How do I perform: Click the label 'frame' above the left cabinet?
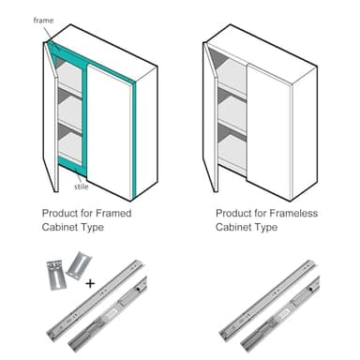tap(43, 20)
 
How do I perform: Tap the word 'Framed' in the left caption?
tap(112, 214)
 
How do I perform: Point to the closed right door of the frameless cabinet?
tap(268, 122)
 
